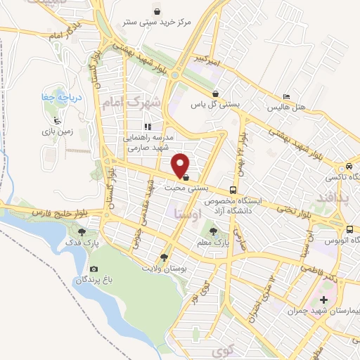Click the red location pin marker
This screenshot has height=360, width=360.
(x=181, y=165)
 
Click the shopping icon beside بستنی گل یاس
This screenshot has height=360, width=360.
(x=216, y=93)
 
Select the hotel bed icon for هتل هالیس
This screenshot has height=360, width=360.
(x=285, y=97)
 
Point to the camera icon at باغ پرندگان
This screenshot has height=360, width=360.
(x=94, y=269)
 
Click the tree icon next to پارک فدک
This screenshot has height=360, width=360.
(x=83, y=231)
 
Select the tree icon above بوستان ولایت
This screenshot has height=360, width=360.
(x=164, y=257)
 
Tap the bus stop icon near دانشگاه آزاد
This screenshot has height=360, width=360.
(x=232, y=190)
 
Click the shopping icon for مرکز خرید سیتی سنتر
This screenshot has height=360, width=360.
(x=156, y=11)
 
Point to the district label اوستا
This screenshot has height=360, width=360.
(x=186, y=212)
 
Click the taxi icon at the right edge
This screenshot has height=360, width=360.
(x=349, y=167)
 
